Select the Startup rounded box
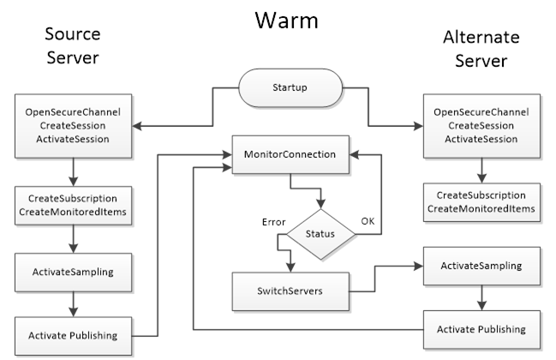pos(290,87)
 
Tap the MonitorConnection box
pos(290,155)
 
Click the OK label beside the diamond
pos(367,221)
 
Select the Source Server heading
pos(72,45)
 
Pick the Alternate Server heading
pos(481,50)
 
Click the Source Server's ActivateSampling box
pos(73,272)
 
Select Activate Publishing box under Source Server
pos(73,333)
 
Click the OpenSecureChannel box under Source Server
pos(73,126)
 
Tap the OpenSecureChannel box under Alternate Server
pos(481,126)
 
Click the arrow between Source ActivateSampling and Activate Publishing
pos(73,303)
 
